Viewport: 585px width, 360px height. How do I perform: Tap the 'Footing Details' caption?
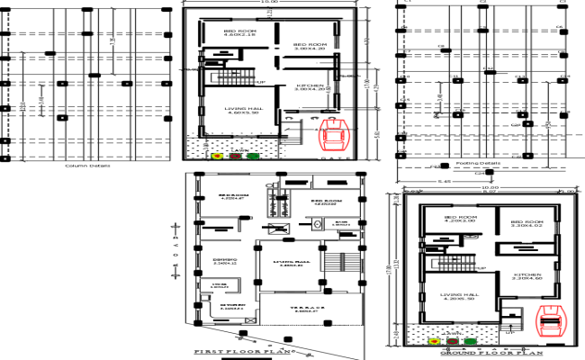478,164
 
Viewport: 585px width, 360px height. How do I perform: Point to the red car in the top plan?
336,134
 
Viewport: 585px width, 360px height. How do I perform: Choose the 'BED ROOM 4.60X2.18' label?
240,33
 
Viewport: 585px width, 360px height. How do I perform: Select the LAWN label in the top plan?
238,148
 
